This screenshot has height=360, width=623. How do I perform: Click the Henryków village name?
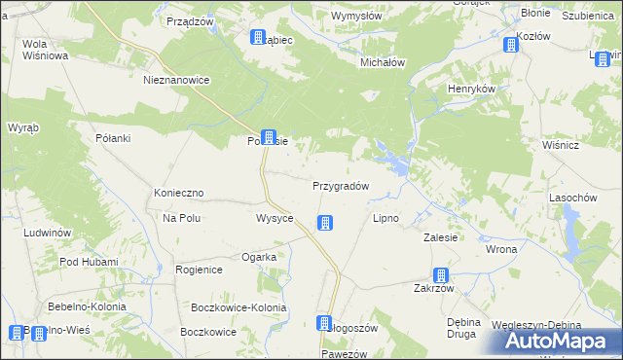click(472, 89)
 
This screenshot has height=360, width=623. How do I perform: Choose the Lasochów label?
click(572, 198)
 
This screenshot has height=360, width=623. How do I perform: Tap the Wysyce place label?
click(275, 218)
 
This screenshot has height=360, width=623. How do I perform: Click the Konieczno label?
click(177, 194)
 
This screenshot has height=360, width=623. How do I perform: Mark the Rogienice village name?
click(200, 270)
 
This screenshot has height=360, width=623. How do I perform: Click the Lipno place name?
click(386, 218)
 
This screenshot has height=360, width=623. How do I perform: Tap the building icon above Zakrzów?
click(441, 275)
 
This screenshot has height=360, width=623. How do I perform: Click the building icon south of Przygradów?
click(325, 224)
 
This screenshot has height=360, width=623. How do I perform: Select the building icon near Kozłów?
click(511, 45)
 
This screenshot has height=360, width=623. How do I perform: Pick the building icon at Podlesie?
click(269, 139)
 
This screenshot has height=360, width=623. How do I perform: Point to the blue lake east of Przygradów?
click(388, 157)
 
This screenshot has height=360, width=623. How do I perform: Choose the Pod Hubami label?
click(89, 262)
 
